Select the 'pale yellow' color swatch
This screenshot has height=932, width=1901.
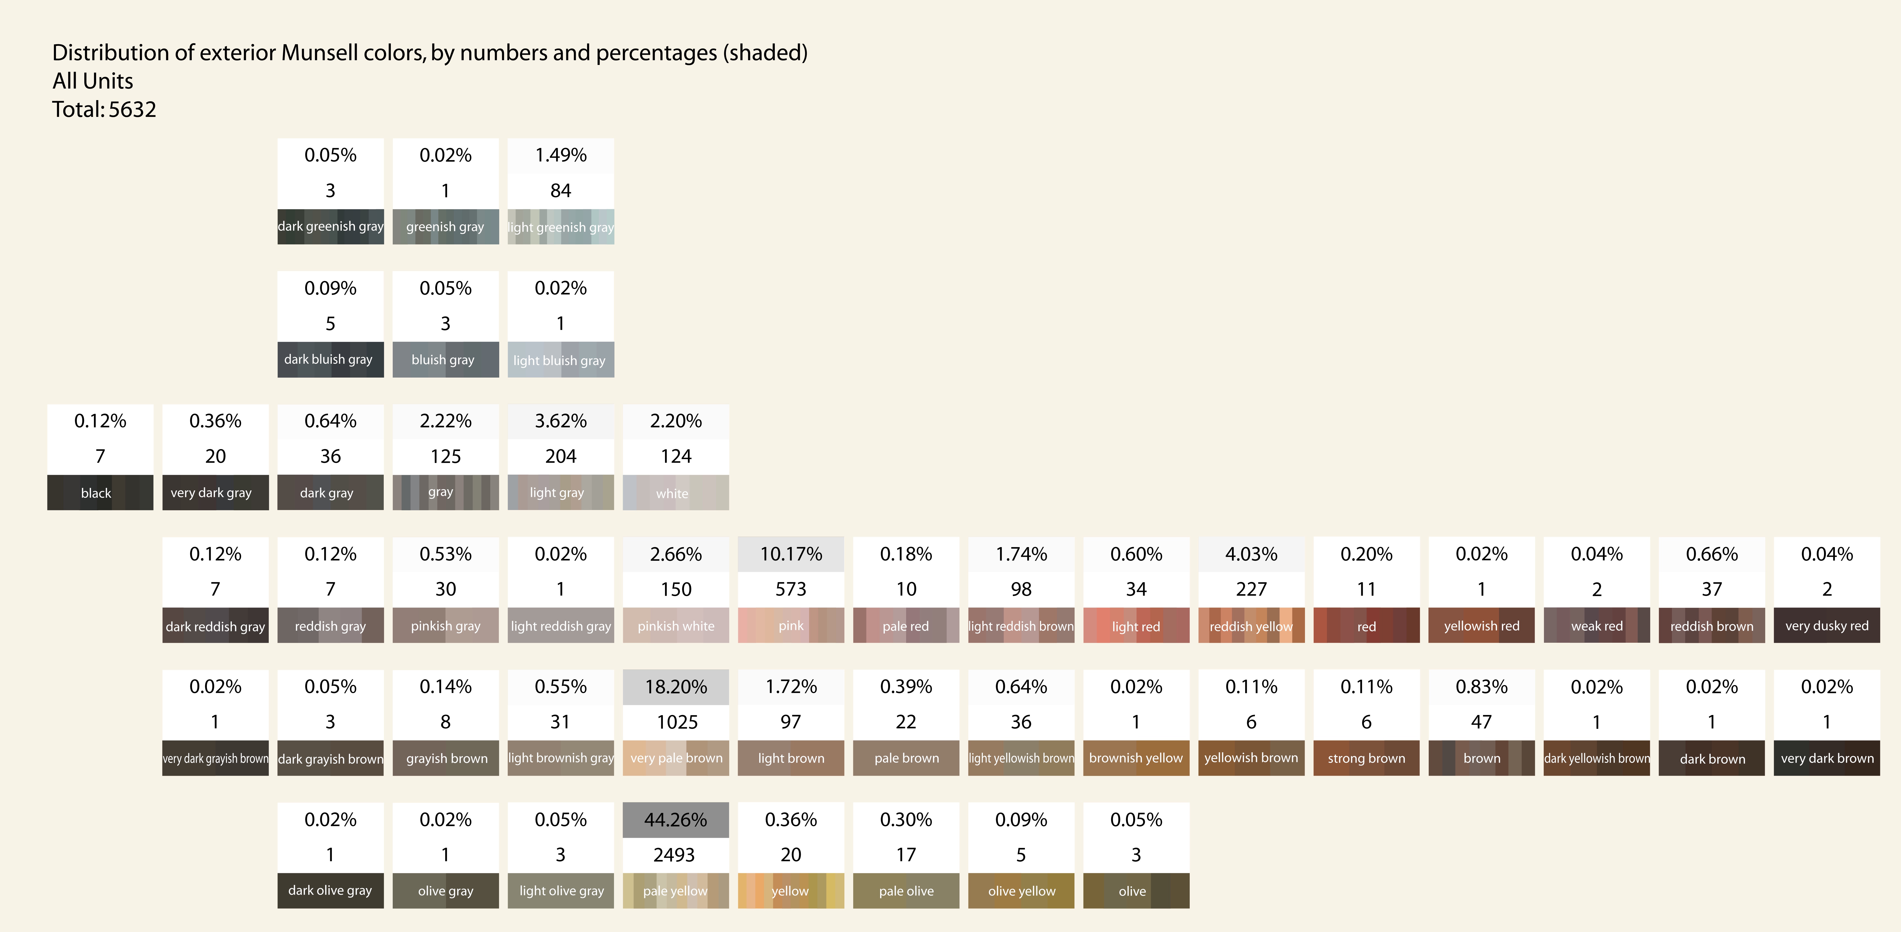(676, 891)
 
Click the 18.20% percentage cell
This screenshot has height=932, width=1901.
(676, 687)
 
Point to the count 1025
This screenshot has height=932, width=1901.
(677, 722)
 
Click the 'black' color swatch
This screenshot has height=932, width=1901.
(100, 492)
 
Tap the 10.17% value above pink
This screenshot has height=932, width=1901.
(791, 554)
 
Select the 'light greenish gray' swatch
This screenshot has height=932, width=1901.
(561, 226)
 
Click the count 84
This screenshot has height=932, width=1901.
(561, 190)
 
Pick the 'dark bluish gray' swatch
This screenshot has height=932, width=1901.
(331, 359)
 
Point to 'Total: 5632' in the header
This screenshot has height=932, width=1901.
(104, 109)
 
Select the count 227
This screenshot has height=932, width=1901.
(1252, 589)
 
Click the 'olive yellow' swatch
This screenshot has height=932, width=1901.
(1021, 891)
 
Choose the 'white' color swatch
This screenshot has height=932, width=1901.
(676, 492)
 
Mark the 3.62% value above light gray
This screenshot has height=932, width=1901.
(561, 421)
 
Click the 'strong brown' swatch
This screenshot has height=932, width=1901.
(1367, 758)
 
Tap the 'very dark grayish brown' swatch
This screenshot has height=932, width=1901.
(215, 758)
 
